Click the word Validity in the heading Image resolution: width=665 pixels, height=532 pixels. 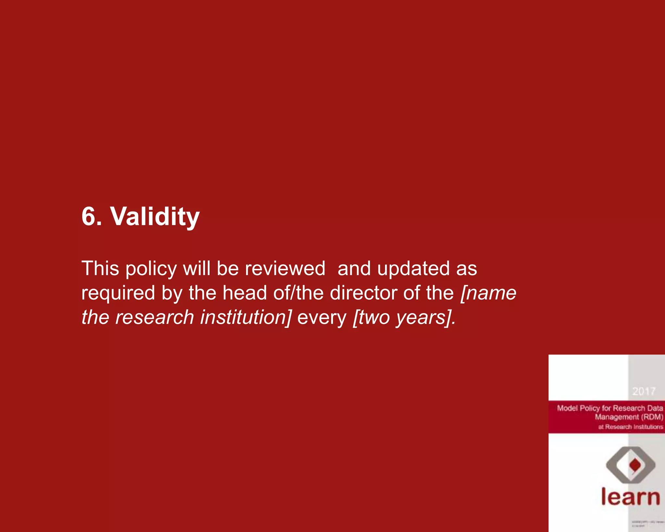point(155,217)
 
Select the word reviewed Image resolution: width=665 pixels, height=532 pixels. point(285,269)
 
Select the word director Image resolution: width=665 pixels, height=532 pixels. point(363,293)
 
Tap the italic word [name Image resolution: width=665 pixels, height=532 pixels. point(488,293)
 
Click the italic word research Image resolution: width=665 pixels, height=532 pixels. point(155,317)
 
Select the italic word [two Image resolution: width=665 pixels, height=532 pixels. point(371,317)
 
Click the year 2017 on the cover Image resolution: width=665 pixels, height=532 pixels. point(644,391)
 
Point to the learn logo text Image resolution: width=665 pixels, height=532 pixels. point(630,497)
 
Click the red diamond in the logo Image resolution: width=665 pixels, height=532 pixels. point(635,465)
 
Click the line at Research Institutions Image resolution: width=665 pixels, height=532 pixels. point(631,427)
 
